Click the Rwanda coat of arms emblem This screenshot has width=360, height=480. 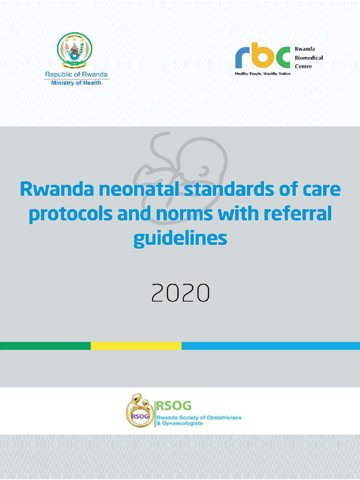75,50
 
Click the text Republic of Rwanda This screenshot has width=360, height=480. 76,75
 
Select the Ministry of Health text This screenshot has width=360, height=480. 76,83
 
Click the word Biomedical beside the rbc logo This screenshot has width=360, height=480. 309,58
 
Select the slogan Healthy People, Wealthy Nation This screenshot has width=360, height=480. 262,74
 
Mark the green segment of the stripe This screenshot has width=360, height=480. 45,346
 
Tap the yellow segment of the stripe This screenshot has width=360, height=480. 136,346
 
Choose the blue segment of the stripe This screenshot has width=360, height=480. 270,346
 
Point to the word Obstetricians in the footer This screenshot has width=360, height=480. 221,418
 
